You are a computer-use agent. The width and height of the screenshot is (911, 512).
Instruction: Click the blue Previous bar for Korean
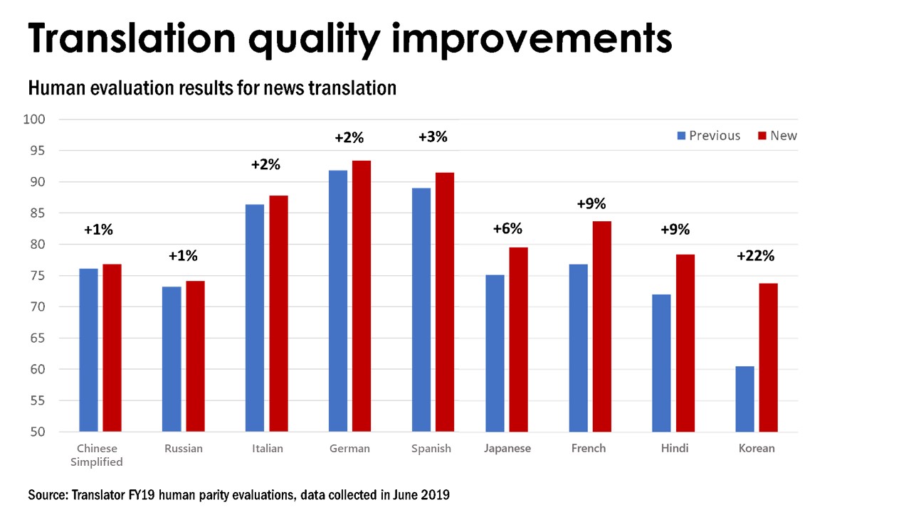pyautogui.click(x=744, y=399)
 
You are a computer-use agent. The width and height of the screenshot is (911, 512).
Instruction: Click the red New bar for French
pyautogui.click(x=601, y=326)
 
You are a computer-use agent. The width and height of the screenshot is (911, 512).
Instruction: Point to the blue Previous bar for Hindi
pyautogui.click(x=661, y=363)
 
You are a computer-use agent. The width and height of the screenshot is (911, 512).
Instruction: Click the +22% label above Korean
pyautogui.click(x=755, y=255)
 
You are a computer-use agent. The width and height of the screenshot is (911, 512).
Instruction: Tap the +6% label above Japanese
pyautogui.click(x=507, y=228)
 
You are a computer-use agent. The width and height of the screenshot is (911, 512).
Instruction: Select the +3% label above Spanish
pyautogui.click(x=432, y=137)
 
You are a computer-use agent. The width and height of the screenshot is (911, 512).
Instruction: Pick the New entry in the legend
pyautogui.click(x=778, y=136)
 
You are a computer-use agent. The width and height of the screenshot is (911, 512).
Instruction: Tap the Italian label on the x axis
pyautogui.click(x=267, y=449)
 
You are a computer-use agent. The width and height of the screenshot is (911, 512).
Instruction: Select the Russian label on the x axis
pyautogui.click(x=183, y=449)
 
